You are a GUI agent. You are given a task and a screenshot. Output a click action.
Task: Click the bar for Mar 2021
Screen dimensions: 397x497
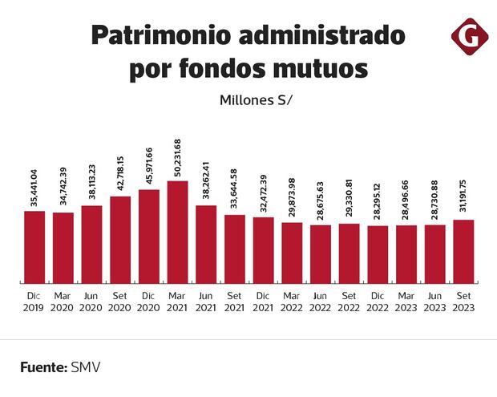click(177, 233)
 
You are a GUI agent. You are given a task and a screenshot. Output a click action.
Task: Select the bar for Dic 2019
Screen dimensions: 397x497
click(34, 247)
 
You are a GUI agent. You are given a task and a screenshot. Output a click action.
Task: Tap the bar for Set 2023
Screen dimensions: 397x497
click(463, 251)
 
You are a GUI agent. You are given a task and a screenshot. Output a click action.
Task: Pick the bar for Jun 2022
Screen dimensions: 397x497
click(321, 253)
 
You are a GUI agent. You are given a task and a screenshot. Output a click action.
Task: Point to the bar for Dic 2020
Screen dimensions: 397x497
click(149, 237)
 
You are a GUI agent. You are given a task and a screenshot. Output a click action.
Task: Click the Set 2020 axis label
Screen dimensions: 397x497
click(120, 302)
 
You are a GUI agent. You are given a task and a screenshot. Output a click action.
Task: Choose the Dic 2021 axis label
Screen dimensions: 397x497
click(263, 302)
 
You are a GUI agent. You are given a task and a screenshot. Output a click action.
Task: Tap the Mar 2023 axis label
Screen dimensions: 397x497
click(406, 302)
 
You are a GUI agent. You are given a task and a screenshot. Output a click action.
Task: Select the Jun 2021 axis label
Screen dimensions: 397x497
click(206, 302)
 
